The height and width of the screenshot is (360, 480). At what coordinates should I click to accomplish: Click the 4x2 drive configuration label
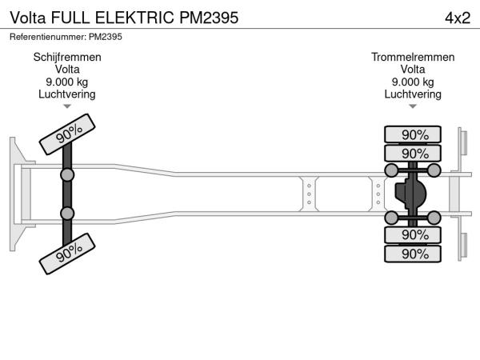(x=457, y=17)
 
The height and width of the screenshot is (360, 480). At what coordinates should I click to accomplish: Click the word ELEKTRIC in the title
(x=131, y=17)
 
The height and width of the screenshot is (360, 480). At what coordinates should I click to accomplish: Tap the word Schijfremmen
(x=67, y=58)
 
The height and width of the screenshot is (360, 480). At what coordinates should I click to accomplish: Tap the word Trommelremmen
(x=413, y=58)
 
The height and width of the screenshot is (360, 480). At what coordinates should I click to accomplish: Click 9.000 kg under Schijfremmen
(x=67, y=82)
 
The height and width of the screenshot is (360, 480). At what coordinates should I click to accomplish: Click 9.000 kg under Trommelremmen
(x=413, y=82)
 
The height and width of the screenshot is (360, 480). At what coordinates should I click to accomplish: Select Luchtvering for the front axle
(x=67, y=94)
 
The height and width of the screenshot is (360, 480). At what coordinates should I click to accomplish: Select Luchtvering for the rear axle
(x=413, y=94)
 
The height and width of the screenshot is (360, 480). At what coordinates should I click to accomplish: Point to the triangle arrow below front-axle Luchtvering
(x=67, y=106)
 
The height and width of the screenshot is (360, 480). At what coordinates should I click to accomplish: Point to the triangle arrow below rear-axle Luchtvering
(x=413, y=106)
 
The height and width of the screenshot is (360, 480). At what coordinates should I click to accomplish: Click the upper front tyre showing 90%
(x=70, y=133)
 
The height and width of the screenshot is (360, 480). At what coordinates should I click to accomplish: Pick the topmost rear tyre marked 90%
(x=414, y=134)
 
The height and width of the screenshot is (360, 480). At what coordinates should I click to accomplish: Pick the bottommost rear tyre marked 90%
(x=414, y=254)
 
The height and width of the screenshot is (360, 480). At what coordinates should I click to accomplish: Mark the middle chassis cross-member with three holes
(x=308, y=193)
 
